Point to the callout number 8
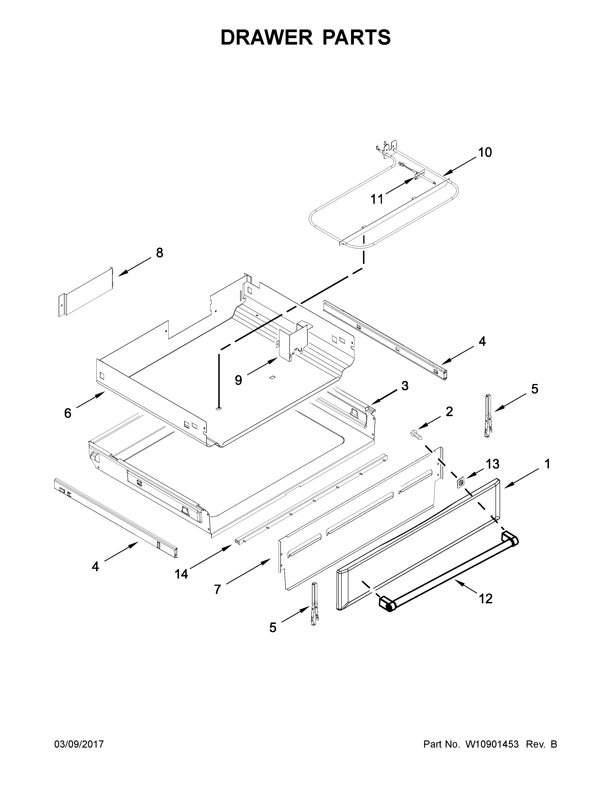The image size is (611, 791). pyautogui.click(x=159, y=253)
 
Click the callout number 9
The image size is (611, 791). pyautogui.click(x=238, y=380)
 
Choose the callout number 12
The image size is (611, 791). pyautogui.click(x=485, y=599)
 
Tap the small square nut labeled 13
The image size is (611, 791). pyautogui.click(x=461, y=483)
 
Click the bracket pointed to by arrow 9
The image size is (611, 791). pyautogui.click(x=293, y=342)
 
